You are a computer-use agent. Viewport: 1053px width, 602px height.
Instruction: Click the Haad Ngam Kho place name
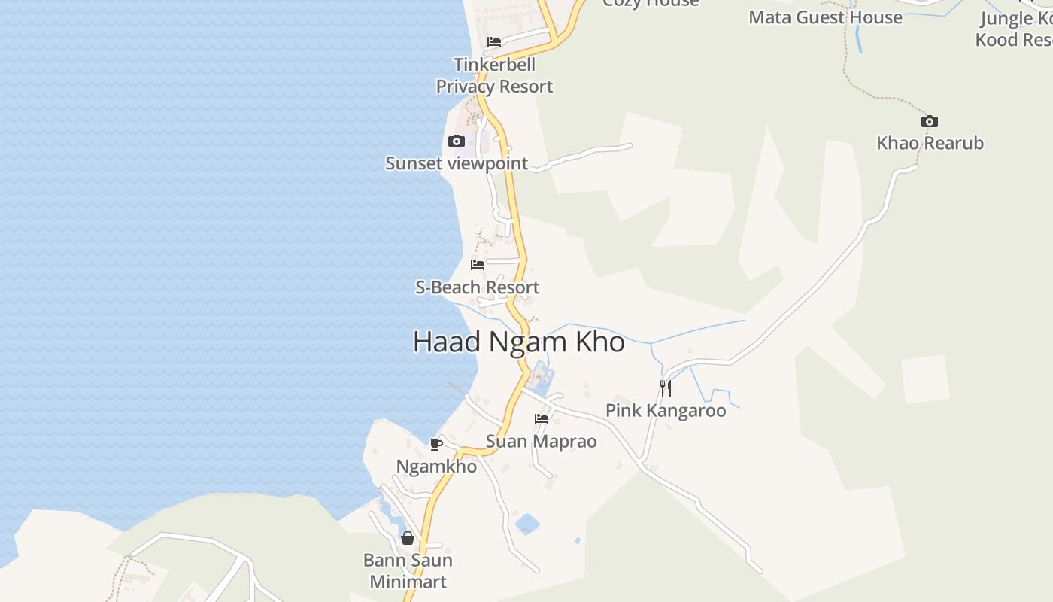point(519,342)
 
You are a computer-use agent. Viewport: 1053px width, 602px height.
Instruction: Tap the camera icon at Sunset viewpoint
point(457,141)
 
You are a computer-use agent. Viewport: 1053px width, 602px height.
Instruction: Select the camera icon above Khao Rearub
point(930,122)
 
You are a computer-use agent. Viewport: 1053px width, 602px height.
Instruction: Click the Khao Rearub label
point(930,143)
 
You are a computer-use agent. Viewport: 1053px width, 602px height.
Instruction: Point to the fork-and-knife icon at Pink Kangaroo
point(666,388)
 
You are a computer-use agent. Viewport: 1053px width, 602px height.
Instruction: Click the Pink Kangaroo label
point(666,411)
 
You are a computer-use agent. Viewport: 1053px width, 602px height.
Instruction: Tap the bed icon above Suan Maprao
point(542,419)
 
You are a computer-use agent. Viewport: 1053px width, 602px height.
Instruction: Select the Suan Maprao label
point(542,442)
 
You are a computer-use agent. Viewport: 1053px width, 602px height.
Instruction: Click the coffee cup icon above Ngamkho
point(435,444)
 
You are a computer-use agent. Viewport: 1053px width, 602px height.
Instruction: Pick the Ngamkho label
point(436,467)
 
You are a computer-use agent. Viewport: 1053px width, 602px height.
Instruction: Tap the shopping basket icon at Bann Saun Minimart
point(408,538)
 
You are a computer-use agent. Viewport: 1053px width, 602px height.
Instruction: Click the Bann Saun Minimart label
point(408,571)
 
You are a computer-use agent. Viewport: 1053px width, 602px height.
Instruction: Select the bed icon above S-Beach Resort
point(478,265)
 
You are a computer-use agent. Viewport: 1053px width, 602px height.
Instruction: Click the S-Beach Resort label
point(478,287)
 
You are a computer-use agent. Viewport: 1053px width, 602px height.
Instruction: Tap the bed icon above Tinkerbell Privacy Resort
point(494,42)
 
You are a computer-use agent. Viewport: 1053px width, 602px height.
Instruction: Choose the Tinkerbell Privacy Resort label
point(494,76)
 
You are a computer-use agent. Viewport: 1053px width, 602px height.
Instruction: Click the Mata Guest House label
point(825,17)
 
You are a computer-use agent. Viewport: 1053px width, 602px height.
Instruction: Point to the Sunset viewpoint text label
point(457,163)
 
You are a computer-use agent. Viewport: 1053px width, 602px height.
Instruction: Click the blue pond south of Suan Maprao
point(527,524)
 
